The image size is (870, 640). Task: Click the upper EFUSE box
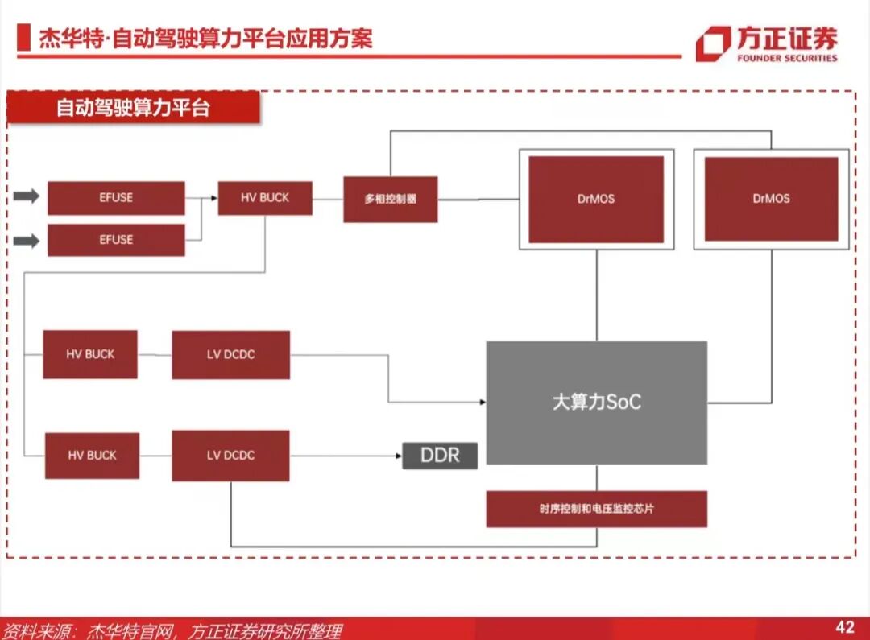116,198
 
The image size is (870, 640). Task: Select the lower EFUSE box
116,240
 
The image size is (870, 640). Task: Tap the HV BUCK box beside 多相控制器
265,198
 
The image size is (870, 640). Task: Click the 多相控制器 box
391,199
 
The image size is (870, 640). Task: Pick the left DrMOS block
596,199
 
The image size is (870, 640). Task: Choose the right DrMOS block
771,199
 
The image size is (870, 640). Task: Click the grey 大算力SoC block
596,403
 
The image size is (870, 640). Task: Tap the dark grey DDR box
440,456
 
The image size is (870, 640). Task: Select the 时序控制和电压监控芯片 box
596,509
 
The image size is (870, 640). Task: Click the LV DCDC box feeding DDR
230,456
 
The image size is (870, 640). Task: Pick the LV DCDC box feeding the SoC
230,354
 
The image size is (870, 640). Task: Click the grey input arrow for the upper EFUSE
27,197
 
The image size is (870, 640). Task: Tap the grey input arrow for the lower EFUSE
27,240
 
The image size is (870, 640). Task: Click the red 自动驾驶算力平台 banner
133,108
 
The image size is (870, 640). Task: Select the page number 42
844,627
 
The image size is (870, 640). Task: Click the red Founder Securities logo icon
713,43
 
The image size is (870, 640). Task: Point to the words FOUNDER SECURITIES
787,58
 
